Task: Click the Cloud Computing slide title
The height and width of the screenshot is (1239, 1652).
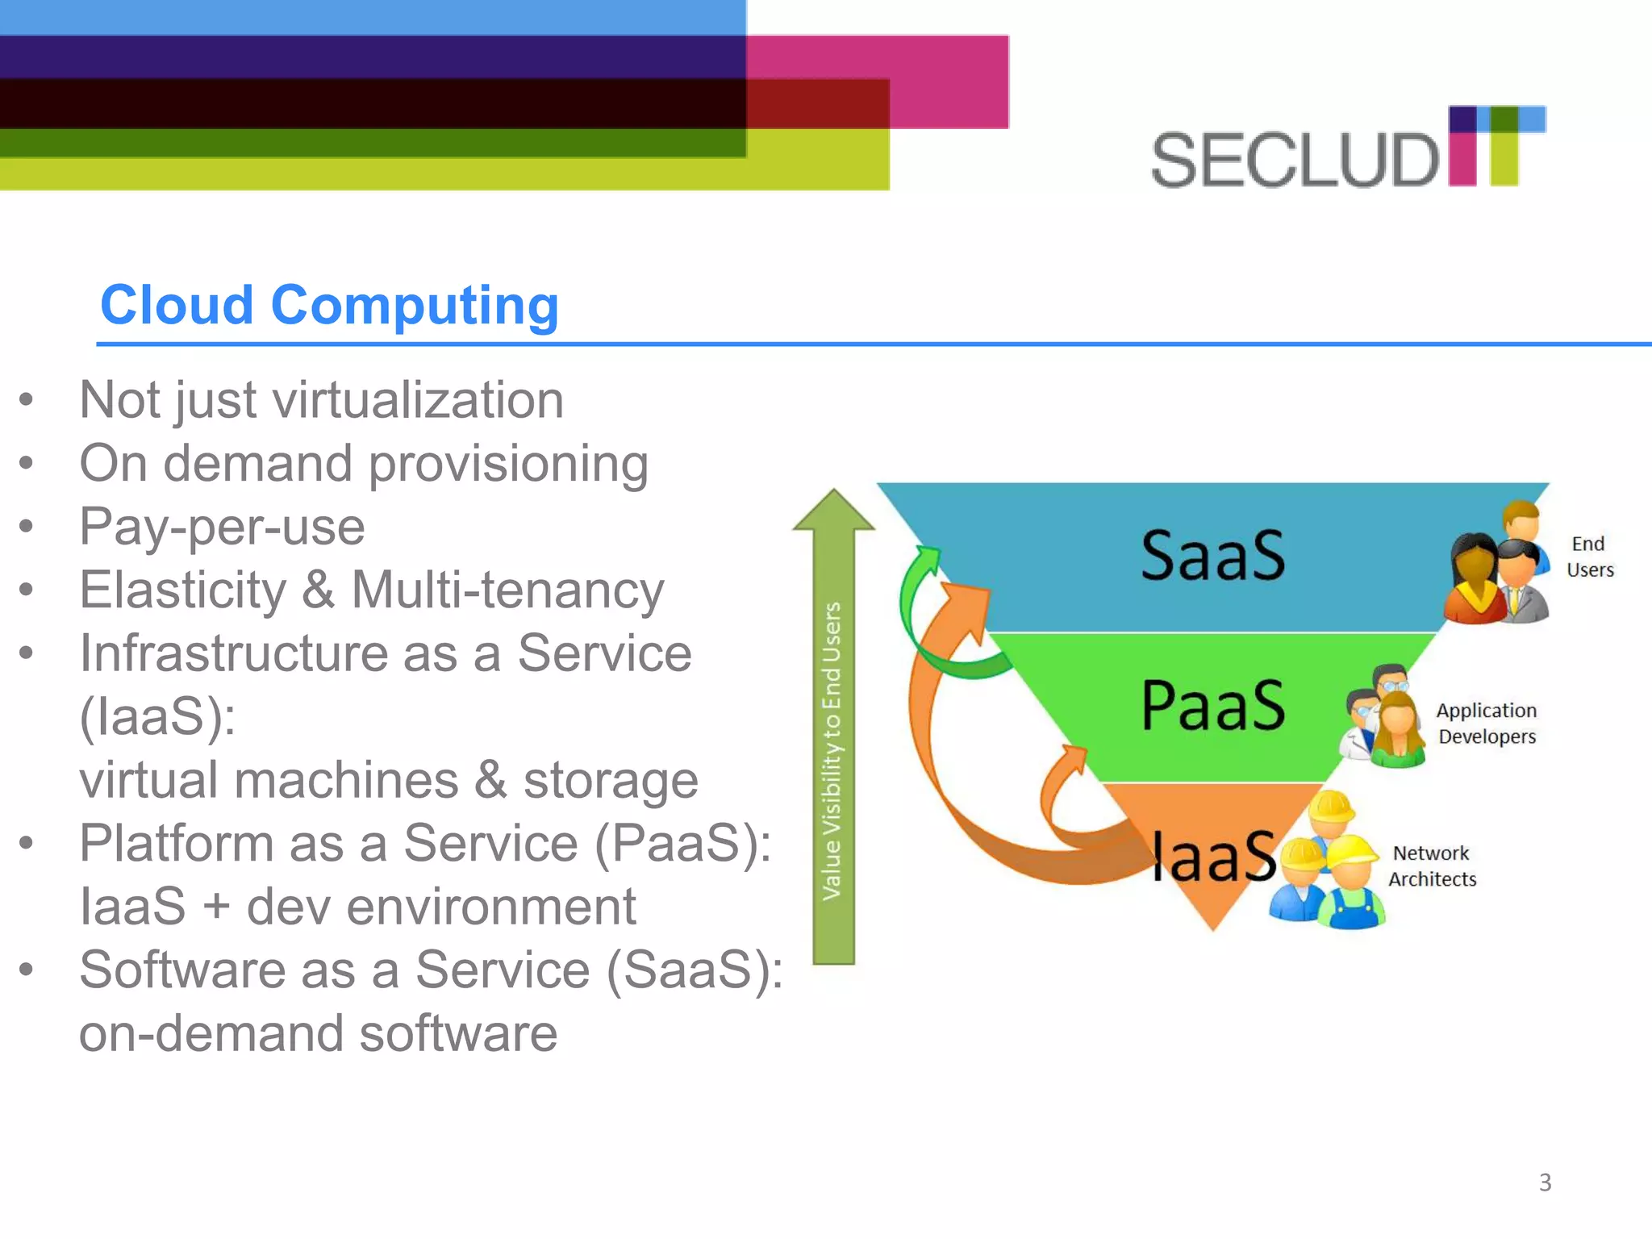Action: pos(329,306)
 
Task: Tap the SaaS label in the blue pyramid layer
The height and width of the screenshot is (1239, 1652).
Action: pos(1212,556)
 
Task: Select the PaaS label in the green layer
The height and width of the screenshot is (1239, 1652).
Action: pos(1212,706)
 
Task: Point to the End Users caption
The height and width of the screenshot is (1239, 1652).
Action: pos(1589,557)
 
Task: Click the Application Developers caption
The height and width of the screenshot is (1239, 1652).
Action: pos(1487,724)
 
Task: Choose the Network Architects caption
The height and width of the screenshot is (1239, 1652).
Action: pos(1432,866)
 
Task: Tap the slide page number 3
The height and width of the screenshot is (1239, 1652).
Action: pos(1545,1183)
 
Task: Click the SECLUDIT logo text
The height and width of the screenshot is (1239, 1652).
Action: pos(1294,161)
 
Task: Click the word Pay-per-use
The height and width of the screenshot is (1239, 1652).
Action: pos(222,528)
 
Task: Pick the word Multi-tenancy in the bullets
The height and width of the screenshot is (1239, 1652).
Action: pos(507,590)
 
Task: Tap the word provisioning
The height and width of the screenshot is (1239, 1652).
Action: pos(508,465)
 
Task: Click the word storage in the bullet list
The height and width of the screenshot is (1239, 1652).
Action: pos(610,781)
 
